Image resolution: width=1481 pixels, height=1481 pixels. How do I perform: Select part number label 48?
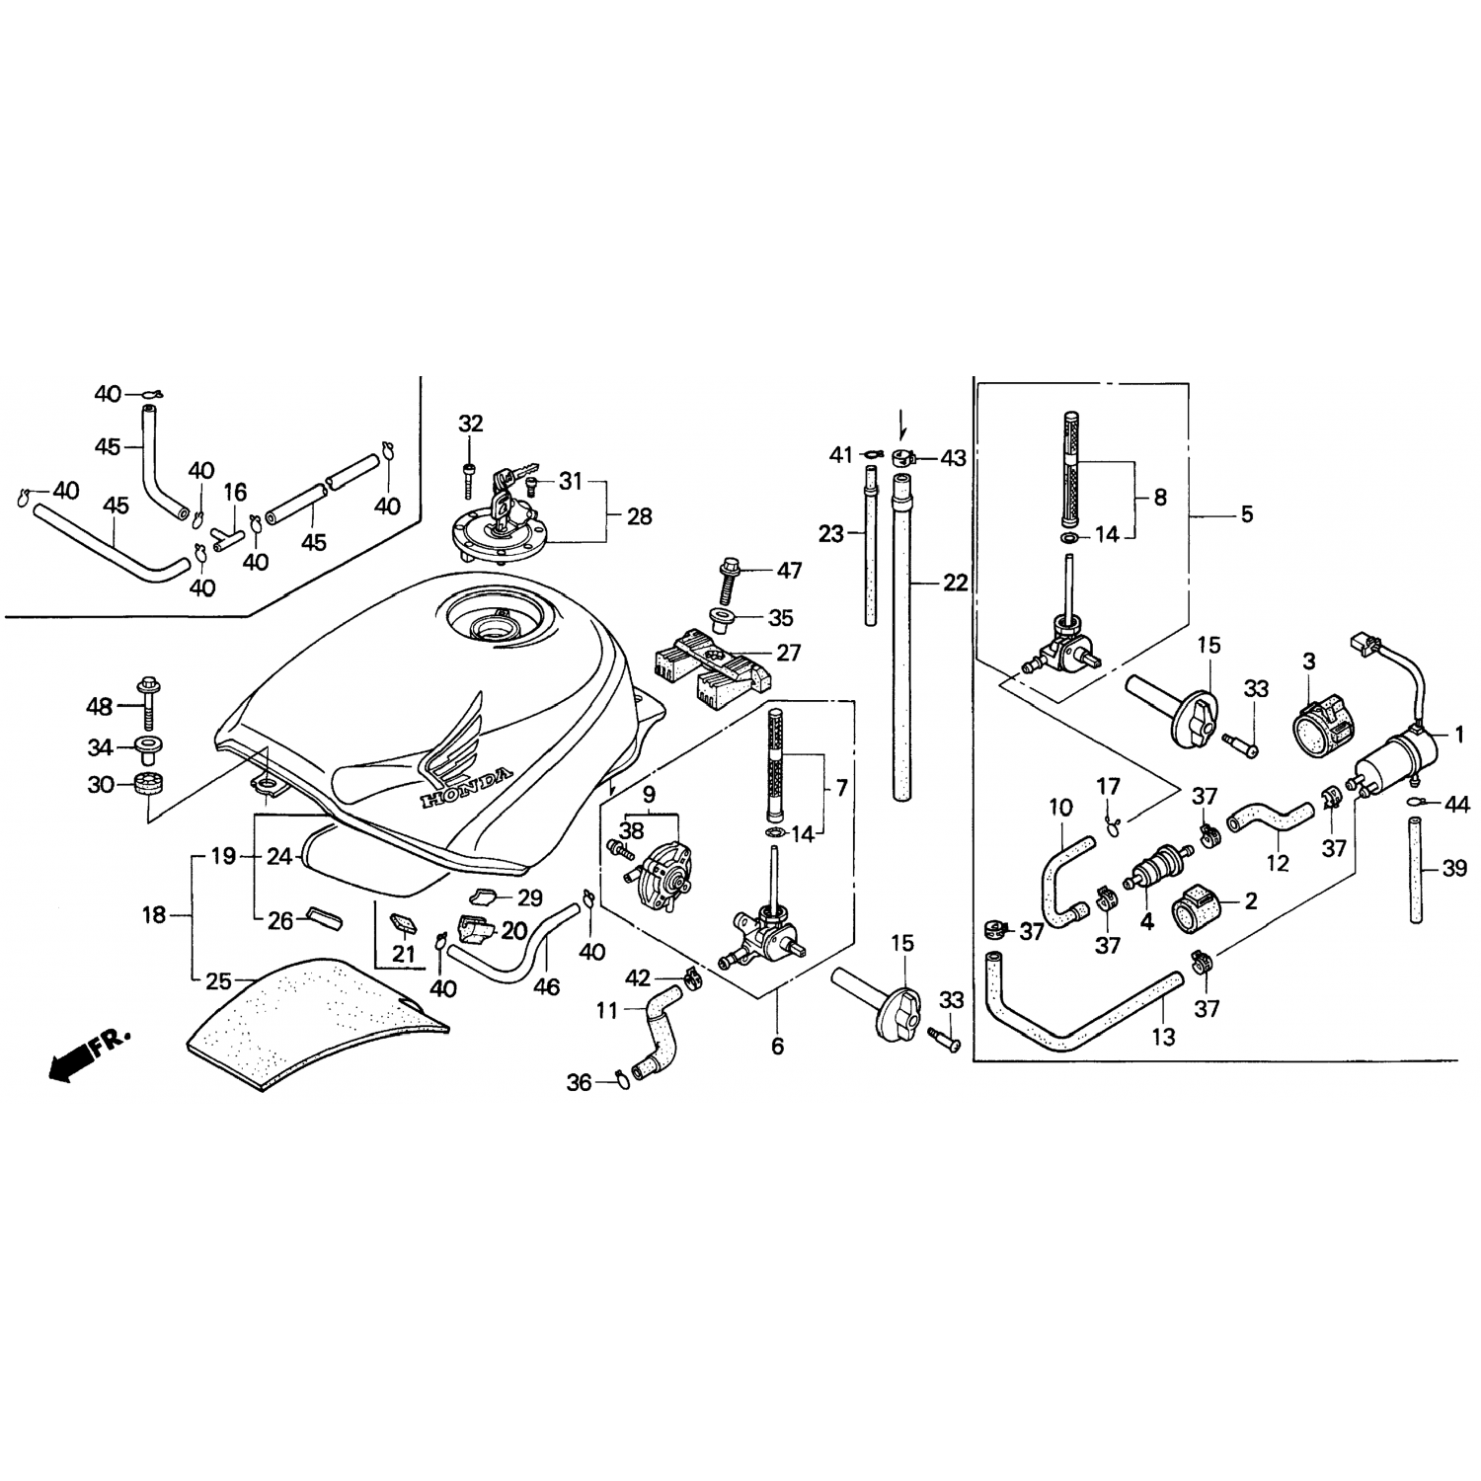point(100,707)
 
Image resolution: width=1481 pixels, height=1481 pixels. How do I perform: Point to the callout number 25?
point(218,982)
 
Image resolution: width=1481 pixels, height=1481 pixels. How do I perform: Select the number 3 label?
point(1309,662)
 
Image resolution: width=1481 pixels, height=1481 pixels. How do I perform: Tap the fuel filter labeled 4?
point(1147,868)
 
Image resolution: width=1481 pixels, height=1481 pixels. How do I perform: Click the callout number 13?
point(1164,1037)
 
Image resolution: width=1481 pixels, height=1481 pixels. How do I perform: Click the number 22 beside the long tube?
point(955,583)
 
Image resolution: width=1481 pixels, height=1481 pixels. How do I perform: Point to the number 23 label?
point(831,534)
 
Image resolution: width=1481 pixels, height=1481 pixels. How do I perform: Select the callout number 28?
point(640,516)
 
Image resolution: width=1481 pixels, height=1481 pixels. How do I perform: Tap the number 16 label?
point(235,492)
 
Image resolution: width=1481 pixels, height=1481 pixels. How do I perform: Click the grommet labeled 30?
point(148,787)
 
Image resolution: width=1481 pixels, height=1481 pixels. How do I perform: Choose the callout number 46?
point(546,986)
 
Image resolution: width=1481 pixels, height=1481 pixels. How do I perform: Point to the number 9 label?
point(649,794)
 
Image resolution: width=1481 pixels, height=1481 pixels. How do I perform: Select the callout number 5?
point(1246,514)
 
